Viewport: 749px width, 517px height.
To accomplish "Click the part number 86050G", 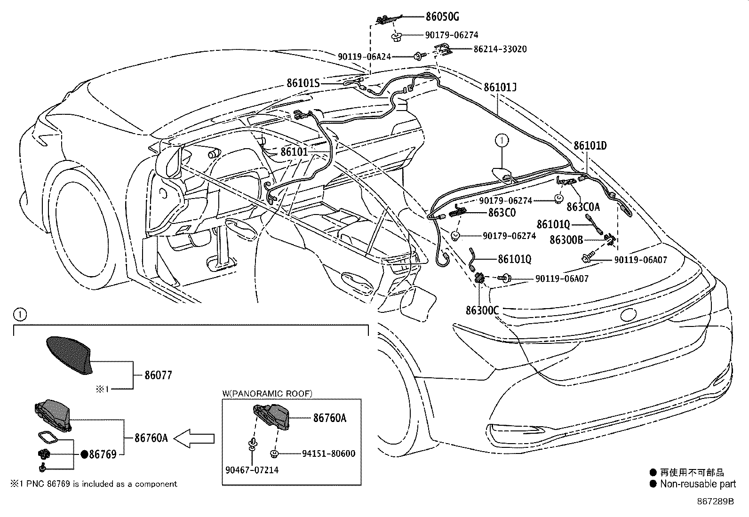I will coord(442,17).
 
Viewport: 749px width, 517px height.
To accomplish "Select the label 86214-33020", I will coord(500,49).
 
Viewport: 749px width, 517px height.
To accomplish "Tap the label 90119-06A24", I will coord(364,56).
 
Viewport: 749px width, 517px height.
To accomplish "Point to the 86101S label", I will coord(303,83).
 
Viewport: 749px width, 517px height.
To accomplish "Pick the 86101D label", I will coord(590,145).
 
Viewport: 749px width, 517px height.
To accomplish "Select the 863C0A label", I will coord(583,207).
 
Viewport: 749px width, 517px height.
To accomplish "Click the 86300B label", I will coord(566,240).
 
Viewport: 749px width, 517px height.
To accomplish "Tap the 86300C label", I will coord(482,310).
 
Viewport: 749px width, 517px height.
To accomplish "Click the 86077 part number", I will coord(158,375).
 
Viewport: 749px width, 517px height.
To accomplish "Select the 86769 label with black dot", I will coord(103,454).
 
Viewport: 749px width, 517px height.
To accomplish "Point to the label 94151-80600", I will coord(328,453).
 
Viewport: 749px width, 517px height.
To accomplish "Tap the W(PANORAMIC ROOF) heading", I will coord(267,393).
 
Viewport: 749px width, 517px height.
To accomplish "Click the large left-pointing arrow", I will coord(194,438).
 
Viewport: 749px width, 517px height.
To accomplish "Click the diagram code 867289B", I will coord(715,501).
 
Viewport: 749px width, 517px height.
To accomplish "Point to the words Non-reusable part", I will coord(698,484).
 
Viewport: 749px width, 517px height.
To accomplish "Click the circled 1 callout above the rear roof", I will coord(502,140).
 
